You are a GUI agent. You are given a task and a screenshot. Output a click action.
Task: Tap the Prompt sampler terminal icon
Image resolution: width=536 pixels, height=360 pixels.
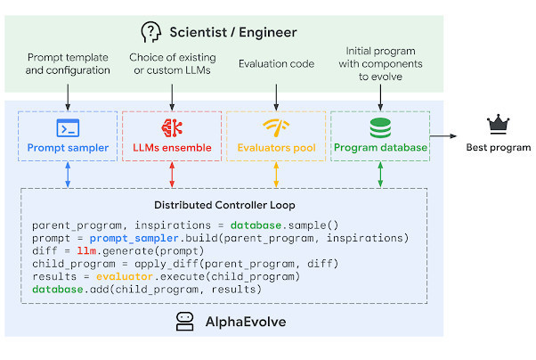pos(69,127)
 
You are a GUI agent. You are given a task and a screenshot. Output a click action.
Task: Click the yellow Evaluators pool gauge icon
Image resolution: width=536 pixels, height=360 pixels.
pos(276,127)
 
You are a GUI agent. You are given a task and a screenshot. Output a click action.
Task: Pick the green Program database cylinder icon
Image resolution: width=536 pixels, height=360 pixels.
pos(380,127)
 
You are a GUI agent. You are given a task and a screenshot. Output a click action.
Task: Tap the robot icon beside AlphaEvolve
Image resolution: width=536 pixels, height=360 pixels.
pos(186,322)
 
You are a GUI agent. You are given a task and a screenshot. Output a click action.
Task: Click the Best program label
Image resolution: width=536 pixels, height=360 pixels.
pos(498,147)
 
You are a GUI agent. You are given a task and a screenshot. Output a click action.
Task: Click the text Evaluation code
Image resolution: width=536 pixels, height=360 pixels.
pos(276,64)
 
